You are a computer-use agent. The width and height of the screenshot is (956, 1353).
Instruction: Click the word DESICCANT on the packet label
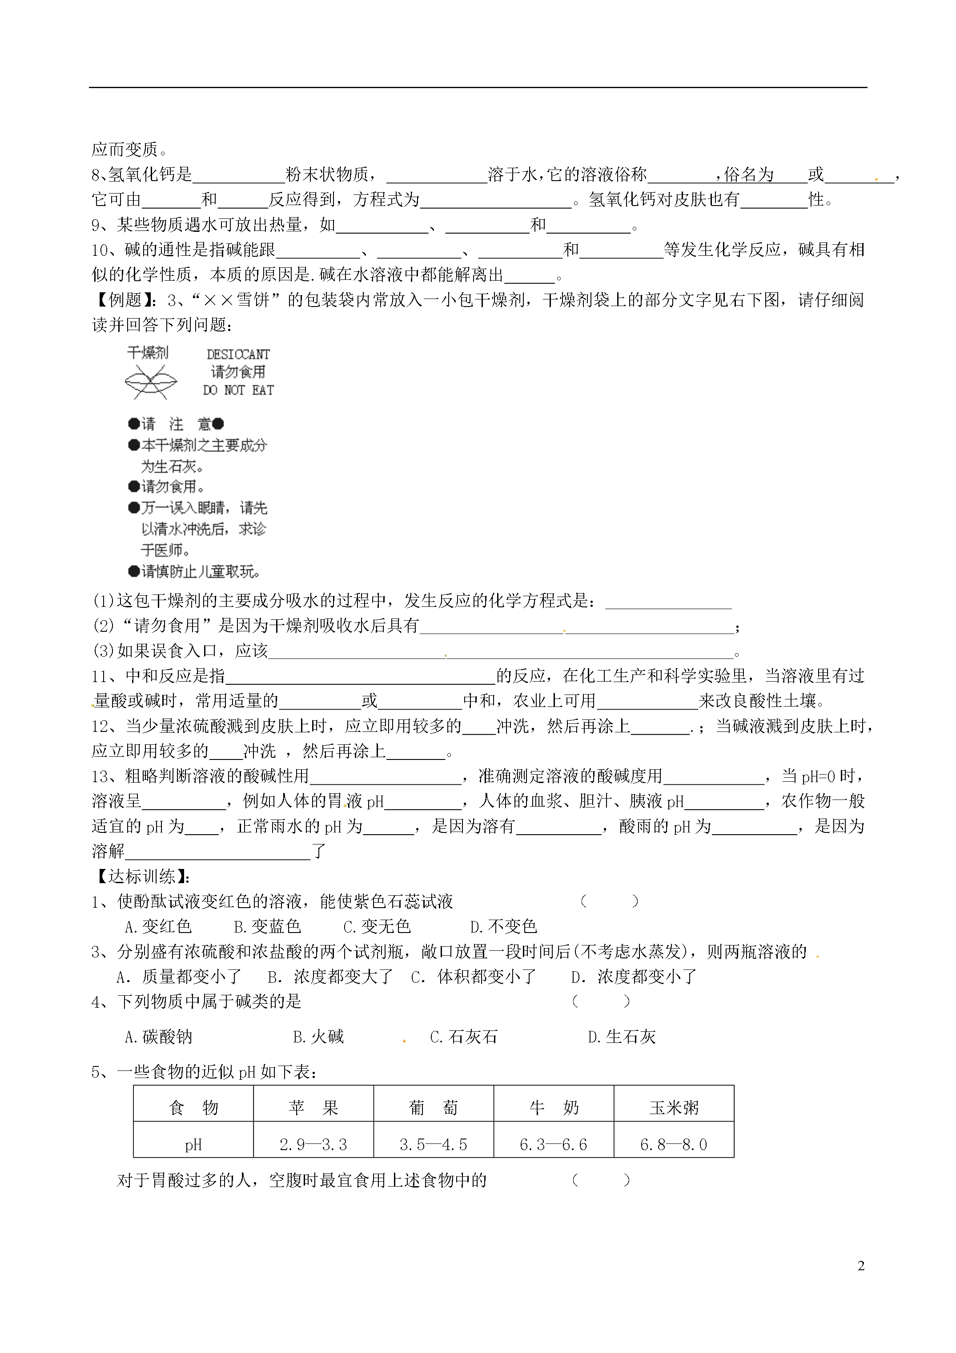238,354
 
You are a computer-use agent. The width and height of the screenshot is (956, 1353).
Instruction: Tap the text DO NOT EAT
238,390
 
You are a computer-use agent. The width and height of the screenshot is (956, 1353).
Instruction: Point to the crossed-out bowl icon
151,382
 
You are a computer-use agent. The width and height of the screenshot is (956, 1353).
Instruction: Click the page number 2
861,1266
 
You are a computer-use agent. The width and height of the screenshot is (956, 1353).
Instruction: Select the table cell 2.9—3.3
313,1144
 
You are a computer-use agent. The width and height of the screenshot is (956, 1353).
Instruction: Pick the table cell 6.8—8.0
674,1144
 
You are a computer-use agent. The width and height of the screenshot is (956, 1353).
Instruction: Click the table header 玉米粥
674,1108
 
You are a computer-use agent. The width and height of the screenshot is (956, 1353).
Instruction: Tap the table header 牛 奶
554,1108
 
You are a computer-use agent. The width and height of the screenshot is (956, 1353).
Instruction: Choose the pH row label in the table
193,1144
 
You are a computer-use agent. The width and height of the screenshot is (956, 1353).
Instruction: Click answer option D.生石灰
622,1037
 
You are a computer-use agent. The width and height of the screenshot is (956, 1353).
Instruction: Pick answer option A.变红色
158,926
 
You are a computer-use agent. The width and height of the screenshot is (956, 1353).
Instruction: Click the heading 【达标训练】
141,876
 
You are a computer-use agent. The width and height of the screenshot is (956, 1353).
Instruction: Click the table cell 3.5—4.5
434,1144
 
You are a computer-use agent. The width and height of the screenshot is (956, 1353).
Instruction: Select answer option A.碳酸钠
158,1037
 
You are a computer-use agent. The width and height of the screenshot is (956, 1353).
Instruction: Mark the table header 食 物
193,1108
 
